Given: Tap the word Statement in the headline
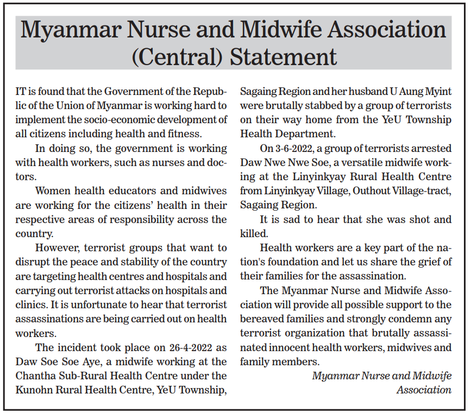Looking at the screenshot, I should [281, 56].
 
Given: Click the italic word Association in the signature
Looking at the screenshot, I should [424, 390].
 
